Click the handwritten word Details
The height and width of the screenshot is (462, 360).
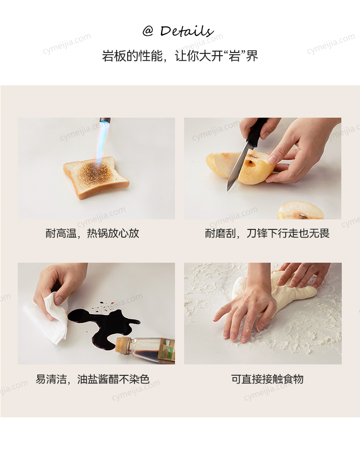tap(187, 31)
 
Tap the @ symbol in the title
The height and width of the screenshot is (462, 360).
tap(148, 31)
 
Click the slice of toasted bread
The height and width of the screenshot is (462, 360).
tap(96, 177)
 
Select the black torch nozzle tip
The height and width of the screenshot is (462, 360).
tap(105, 120)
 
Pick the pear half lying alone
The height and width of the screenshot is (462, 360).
tap(300, 210)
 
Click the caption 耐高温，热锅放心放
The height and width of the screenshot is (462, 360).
tap(92, 234)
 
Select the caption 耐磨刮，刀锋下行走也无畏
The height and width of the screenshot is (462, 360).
tap(267, 234)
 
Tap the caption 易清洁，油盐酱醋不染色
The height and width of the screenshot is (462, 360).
tap(93, 379)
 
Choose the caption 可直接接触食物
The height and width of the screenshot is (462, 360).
tap(267, 379)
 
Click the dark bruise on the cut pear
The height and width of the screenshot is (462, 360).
tap(250, 161)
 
